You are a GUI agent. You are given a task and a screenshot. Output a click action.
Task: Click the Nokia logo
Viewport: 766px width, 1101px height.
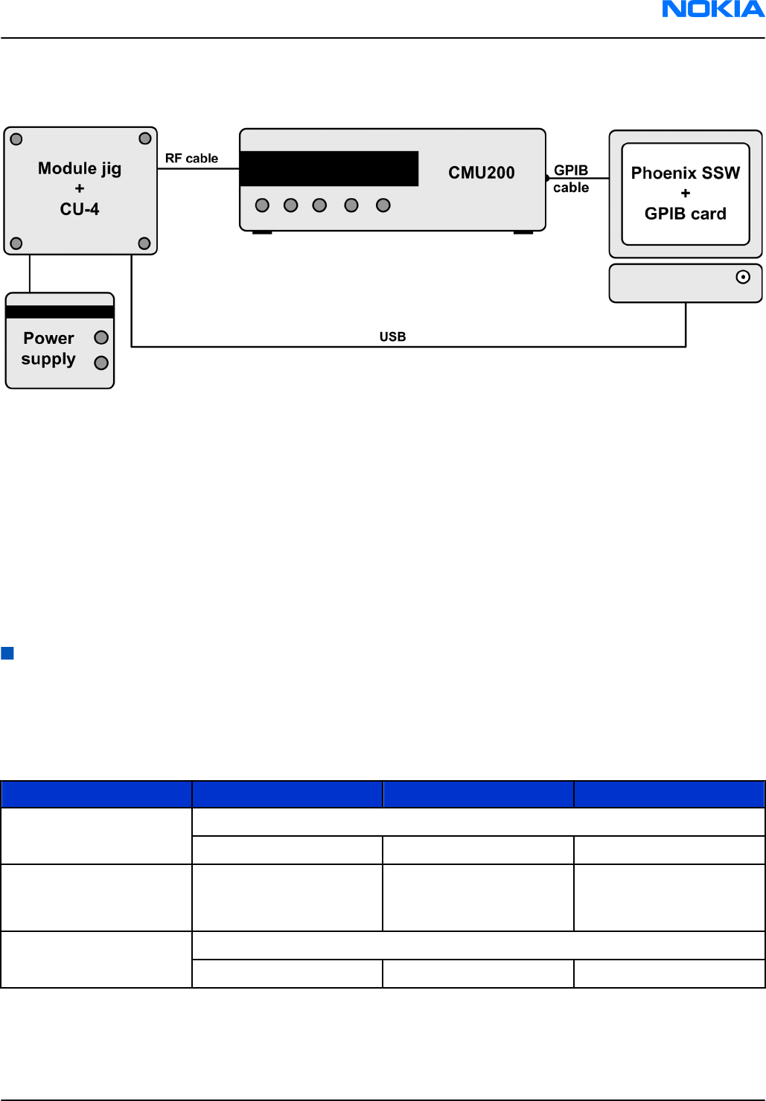[x=712, y=10]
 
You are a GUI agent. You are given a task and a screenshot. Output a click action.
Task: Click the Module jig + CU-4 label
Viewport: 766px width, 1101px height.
[x=80, y=189]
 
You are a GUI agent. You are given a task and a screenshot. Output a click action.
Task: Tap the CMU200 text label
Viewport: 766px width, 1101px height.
[x=481, y=173]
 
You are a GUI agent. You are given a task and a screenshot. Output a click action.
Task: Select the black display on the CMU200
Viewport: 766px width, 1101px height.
[x=329, y=169]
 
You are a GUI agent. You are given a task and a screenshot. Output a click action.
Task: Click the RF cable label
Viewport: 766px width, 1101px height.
[x=191, y=159]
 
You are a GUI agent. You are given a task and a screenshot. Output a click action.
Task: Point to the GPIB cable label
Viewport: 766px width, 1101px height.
[x=571, y=179]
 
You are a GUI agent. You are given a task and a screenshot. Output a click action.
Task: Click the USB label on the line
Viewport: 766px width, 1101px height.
[x=392, y=336]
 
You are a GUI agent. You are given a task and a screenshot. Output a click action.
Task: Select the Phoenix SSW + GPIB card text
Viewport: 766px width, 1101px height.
[x=685, y=194]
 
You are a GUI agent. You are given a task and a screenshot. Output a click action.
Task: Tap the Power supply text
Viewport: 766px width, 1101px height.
[x=48, y=348]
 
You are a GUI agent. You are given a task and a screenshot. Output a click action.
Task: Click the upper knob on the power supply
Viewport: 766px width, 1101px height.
[x=101, y=338]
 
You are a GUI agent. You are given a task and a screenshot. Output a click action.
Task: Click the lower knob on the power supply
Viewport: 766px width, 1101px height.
[x=101, y=363]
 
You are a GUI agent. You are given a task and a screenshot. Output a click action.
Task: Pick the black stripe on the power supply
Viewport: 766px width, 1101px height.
[x=60, y=312]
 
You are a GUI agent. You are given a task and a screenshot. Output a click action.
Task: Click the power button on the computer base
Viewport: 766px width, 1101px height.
[x=742, y=277]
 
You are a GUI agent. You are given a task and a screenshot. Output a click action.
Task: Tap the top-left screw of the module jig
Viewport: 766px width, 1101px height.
[x=16, y=139]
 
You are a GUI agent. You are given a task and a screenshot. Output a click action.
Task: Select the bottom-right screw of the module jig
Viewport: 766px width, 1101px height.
[x=144, y=243]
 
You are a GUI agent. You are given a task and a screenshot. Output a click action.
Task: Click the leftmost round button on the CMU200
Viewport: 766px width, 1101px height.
[x=262, y=205]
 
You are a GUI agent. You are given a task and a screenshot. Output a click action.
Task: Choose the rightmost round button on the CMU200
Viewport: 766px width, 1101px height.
[x=383, y=205]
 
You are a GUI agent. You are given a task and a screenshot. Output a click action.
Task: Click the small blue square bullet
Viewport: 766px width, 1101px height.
[x=7, y=654]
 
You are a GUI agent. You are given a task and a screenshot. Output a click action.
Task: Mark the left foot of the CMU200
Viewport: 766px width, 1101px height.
[x=262, y=232]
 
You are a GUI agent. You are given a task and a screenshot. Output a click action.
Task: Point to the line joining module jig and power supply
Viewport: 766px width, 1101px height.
[x=30, y=273]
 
